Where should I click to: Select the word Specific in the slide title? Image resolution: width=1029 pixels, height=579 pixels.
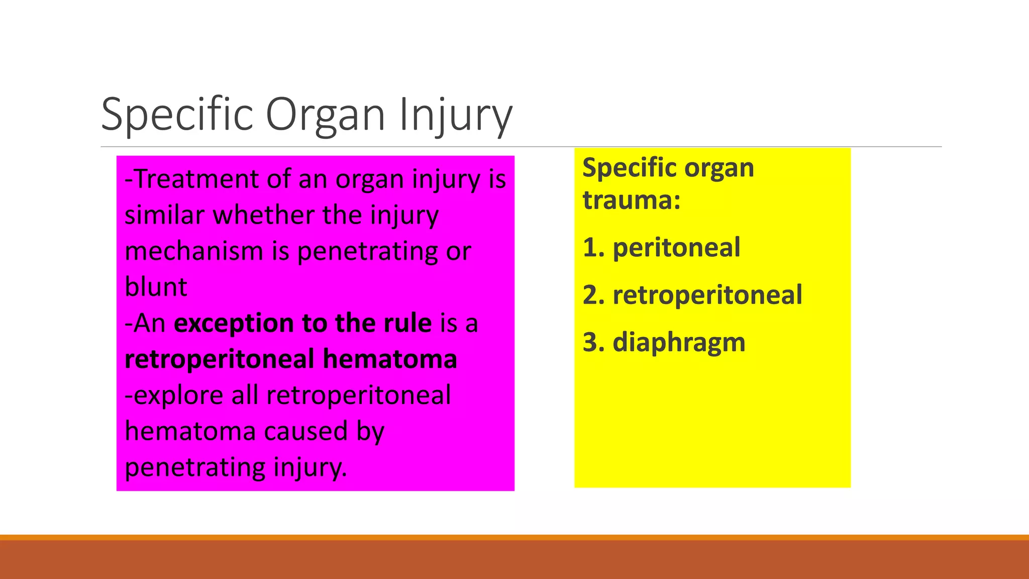[177, 115]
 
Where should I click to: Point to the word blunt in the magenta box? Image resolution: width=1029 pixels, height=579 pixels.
[156, 287]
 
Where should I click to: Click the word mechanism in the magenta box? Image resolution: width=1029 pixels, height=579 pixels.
[194, 251]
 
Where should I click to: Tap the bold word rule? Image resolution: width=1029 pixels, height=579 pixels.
[407, 323]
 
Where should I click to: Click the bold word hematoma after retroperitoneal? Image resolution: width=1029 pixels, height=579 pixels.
[389, 359]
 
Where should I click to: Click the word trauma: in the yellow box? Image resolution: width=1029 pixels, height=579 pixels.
[632, 200]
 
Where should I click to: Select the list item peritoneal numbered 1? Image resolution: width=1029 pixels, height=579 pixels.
[676, 248]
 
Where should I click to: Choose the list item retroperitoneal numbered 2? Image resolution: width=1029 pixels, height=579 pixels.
[707, 295]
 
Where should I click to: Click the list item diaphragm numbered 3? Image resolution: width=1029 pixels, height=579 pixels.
[678, 342]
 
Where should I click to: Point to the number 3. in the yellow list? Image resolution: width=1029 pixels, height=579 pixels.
[593, 342]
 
